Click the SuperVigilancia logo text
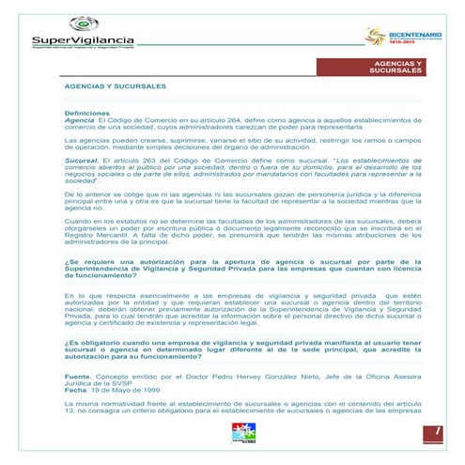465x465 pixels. pos(84,39)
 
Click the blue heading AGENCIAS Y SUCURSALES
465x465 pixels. pos(115,85)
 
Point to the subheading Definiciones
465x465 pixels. pos(86,113)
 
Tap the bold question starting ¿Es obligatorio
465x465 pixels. pos(241,349)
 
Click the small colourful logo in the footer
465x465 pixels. pos(242,433)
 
